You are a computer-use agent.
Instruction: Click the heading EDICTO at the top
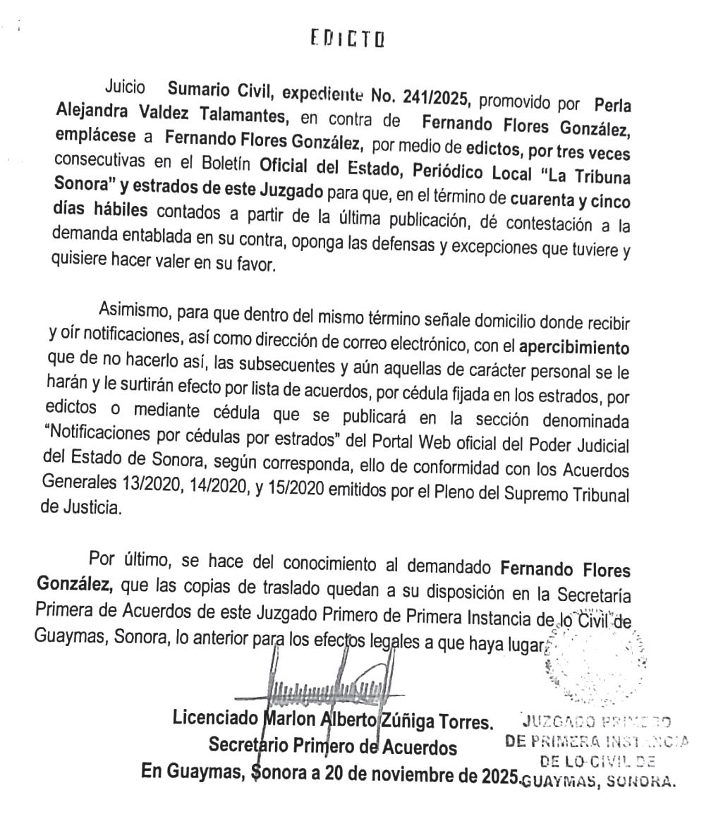pyautogui.click(x=347, y=38)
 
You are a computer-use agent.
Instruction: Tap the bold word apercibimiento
pyautogui.click(x=573, y=348)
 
